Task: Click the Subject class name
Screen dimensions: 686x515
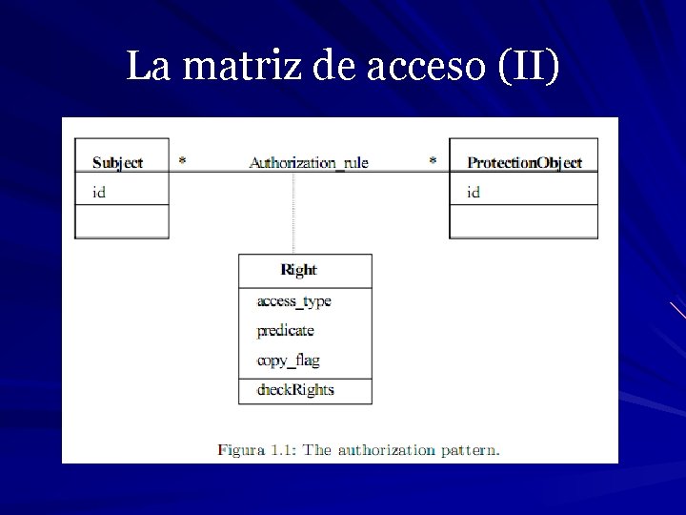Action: click(x=117, y=162)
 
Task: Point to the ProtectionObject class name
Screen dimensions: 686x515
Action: click(x=524, y=162)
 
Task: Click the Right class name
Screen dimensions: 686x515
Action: click(x=299, y=270)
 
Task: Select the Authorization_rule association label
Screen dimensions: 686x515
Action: click(x=309, y=162)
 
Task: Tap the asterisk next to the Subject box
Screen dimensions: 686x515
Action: click(x=182, y=160)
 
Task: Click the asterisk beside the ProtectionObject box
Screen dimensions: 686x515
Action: click(x=433, y=160)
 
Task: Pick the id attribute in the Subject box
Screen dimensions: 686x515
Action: click(x=98, y=192)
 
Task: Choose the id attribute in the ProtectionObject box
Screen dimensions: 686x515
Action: click(x=474, y=192)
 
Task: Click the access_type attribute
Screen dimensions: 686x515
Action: click(x=293, y=301)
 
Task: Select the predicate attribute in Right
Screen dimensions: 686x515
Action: click(x=285, y=331)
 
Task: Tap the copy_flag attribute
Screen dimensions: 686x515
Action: click(x=288, y=360)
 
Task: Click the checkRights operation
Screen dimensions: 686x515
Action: click(x=295, y=389)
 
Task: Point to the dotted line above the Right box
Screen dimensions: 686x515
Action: click(x=293, y=215)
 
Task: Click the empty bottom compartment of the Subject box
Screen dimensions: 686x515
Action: click(x=122, y=222)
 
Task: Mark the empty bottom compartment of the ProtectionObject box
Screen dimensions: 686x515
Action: click(x=523, y=222)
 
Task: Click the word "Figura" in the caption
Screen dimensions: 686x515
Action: click(x=241, y=449)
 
